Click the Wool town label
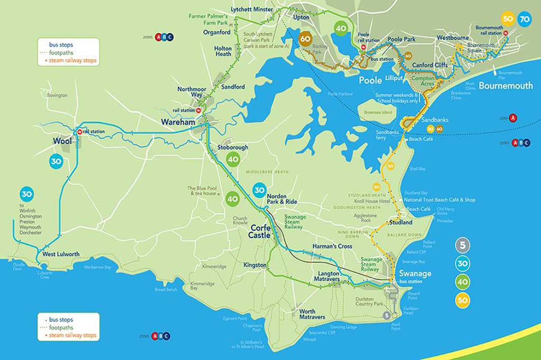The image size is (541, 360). pos(62,141)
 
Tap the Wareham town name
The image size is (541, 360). pos(178,122)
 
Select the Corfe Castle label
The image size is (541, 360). pos(261,232)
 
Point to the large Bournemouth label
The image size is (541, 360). pos(506,86)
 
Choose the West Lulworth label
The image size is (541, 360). pos(61,254)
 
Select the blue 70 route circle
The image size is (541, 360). pos(525,19)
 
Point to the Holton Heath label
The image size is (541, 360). pos(223,51)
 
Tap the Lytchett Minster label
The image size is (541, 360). pos(253,10)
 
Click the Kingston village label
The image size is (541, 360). pos(255,265)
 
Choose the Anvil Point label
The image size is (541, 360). pos(396,326)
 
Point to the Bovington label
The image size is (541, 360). pos(57,95)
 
